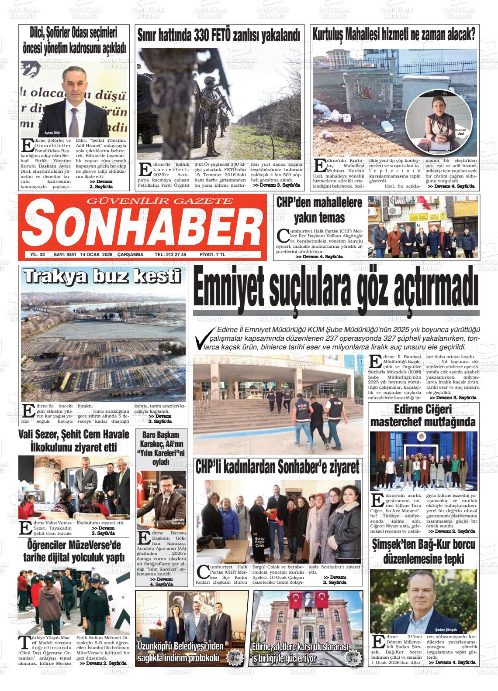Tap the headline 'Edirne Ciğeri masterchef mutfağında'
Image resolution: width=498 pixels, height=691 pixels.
pos(423,416)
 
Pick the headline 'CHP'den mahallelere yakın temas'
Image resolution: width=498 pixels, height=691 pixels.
pos(319,210)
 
